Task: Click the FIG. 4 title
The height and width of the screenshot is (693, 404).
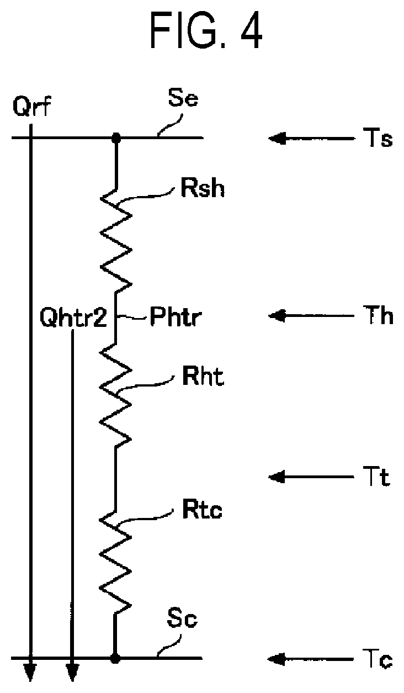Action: pyautogui.click(x=206, y=30)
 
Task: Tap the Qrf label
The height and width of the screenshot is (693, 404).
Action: pyautogui.click(x=31, y=106)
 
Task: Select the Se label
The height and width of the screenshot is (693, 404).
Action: pyautogui.click(x=183, y=98)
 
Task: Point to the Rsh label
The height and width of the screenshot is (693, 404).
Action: pyautogui.click(x=203, y=188)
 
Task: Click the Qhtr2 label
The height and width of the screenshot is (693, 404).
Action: pyautogui.click(x=73, y=317)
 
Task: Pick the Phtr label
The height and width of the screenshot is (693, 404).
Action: pyautogui.click(x=176, y=316)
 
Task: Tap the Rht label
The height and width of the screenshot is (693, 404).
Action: pyautogui.click(x=203, y=376)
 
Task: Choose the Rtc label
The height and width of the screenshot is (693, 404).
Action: pyautogui.click(x=202, y=509)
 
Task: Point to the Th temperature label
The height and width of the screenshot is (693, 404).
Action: pyautogui.click(x=378, y=315)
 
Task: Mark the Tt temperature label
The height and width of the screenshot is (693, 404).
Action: pyautogui.click(x=375, y=477)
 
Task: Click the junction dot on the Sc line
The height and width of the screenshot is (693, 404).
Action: pyautogui.click(x=115, y=658)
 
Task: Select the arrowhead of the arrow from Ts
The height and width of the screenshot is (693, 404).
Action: pyautogui.click(x=276, y=138)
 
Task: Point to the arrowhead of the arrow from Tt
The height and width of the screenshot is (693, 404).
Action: pyautogui.click(x=276, y=477)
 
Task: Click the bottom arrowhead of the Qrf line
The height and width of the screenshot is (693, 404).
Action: pyautogui.click(x=30, y=672)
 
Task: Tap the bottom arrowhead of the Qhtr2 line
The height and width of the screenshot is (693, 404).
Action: pyautogui.click(x=72, y=672)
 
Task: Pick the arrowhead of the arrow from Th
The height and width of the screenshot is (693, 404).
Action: pyautogui.click(x=276, y=316)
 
